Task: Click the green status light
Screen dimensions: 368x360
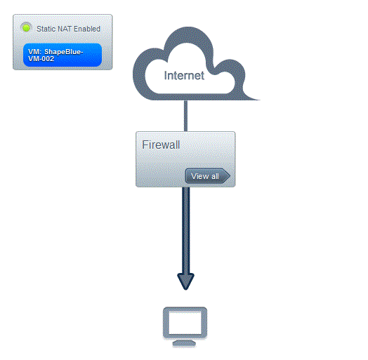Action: pos(26,28)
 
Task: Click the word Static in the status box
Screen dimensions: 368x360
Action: pos(46,29)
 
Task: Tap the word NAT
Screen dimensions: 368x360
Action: pos(65,29)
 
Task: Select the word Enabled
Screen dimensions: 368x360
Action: pos(87,29)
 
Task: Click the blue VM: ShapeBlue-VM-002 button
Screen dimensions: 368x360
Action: pos(63,55)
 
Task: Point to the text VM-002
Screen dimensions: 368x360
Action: pos(41,59)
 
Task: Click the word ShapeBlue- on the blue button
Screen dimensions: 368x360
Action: pos(64,52)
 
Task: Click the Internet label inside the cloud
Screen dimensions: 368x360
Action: pos(184,76)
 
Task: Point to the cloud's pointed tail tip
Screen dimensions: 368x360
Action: pos(259,100)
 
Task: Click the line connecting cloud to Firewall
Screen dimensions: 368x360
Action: pos(185,116)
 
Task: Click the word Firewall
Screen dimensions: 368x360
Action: pos(161,145)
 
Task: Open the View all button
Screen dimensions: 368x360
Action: pos(207,176)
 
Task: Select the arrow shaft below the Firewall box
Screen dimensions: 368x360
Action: pos(186,230)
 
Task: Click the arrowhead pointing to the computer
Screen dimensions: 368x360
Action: pos(185,281)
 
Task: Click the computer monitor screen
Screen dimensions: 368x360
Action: pos(185,323)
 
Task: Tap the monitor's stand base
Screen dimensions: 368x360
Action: pos(184,344)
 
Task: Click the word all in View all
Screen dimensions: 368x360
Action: pos(215,176)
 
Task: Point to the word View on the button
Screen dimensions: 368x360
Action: pos(200,176)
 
